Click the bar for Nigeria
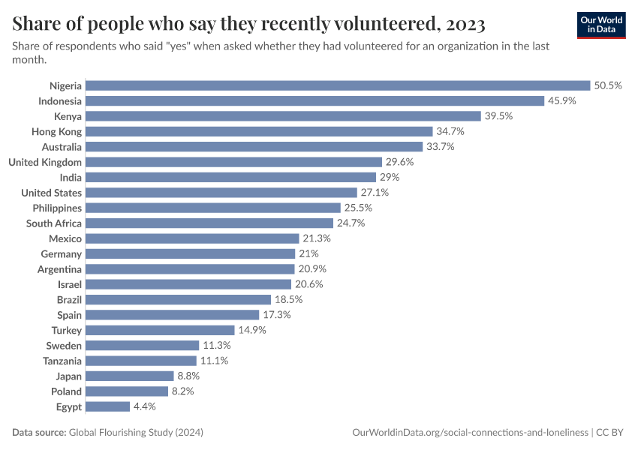(338, 85)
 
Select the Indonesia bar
(314, 100)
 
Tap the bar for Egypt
(107, 406)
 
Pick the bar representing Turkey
(160, 330)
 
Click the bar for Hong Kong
(259, 131)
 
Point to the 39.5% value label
(498, 116)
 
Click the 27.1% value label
(374, 193)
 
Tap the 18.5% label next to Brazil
(287, 299)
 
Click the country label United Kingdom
(45, 162)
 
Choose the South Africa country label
(54, 223)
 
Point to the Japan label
(68, 376)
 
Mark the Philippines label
(57, 208)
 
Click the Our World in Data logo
(601, 25)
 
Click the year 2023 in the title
(465, 24)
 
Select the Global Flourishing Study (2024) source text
(136, 433)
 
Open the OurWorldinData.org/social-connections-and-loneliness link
(470, 433)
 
